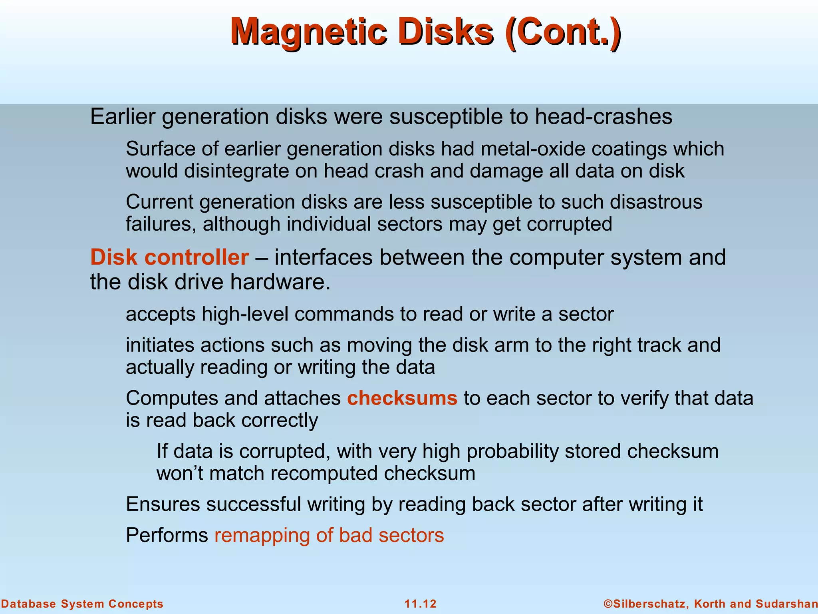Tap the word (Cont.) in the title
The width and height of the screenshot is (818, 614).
[x=563, y=32]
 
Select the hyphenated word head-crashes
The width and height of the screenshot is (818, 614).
[x=604, y=117]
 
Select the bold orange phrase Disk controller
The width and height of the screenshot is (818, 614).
[x=169, y=257]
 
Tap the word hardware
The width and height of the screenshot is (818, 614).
[x=280, y=282]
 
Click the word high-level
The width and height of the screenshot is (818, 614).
[x=245, y=314]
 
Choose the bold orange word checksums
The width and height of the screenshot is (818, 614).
[x=402, y=398]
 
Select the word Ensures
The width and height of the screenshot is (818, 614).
[x=163, y=504]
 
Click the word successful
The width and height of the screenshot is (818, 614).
[x=253, y=504]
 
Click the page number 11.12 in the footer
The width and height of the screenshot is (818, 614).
[x=421, y=604]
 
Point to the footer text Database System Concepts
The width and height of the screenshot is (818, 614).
[x=82, y=604]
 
